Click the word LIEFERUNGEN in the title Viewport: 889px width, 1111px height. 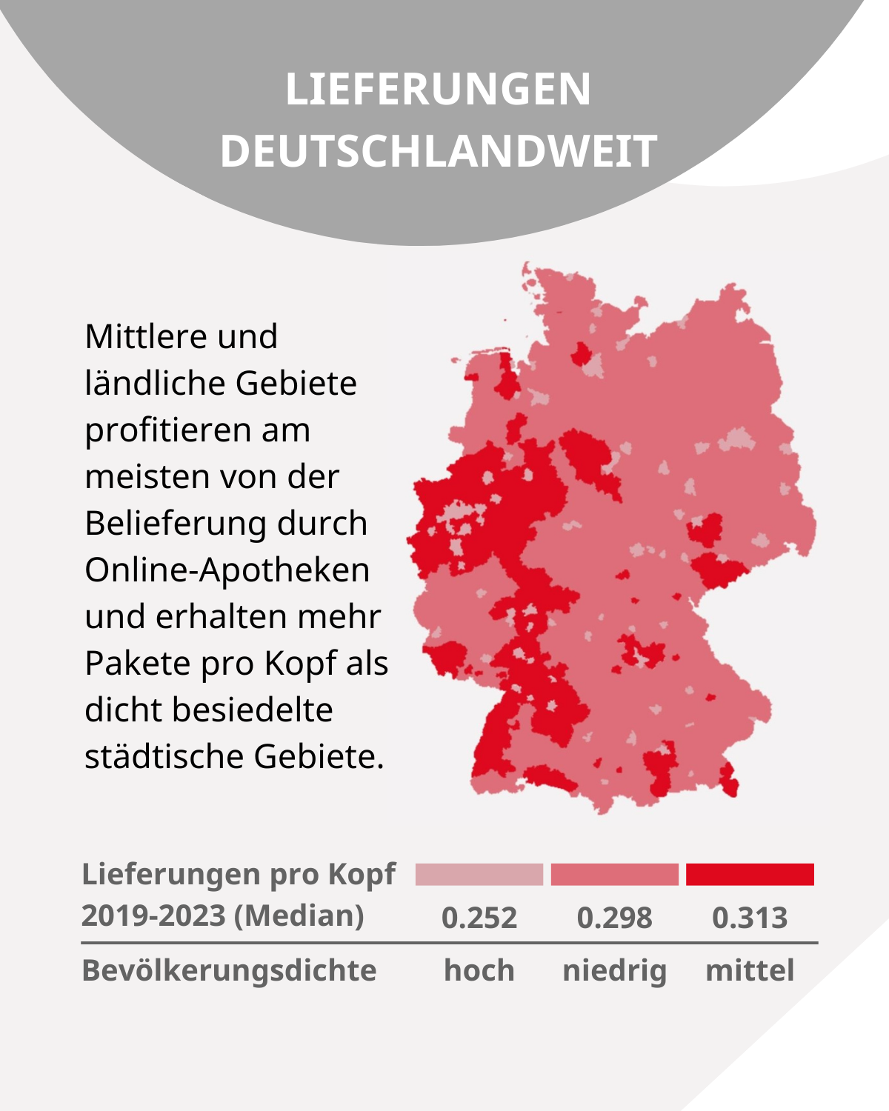coord(438,90)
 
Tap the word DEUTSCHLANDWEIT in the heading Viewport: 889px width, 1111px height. coord(438,152)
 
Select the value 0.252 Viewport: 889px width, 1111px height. coord(479,918)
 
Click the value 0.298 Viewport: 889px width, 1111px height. coord(614,918)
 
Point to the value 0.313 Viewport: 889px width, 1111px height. coord(750,918)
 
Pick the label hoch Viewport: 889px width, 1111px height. coord(479,970)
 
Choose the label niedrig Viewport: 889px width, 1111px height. coord(614,970)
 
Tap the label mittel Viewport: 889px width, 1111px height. coord(750,970)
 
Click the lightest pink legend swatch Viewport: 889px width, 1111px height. coord(479,874)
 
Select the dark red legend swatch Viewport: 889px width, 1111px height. coord(750,874)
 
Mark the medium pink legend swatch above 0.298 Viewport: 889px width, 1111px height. coord(614,874)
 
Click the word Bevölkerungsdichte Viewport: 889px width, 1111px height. coord(229,970)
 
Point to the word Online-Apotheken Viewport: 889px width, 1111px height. coord(227,570)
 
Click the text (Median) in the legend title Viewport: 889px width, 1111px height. coord(299,915)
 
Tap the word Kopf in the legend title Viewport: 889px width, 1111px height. coord(362,875)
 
